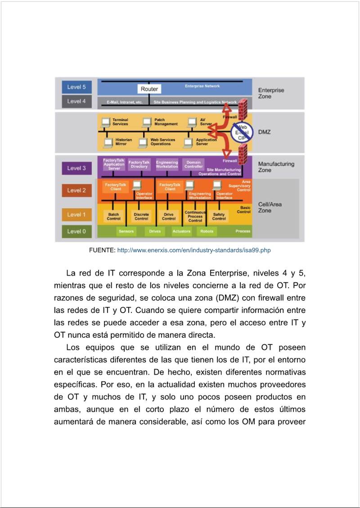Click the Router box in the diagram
(149, 89)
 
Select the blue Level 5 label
(76, 87)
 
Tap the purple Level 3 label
(76, 168)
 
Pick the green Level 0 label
(76, 231)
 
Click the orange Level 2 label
(76, 190)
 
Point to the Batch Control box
(113, 217)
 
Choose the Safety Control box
(219, 217)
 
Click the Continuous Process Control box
(195, 216)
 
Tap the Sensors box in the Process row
(126, 231)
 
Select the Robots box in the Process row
(207, 231)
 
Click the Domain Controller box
(193, 164)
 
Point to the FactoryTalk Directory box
(139, 164)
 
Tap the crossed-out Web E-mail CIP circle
(243, 132)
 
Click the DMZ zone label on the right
(264, 132)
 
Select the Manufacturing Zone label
(276, 167)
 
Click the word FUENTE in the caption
(102, 250)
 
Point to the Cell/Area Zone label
(270, 207)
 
